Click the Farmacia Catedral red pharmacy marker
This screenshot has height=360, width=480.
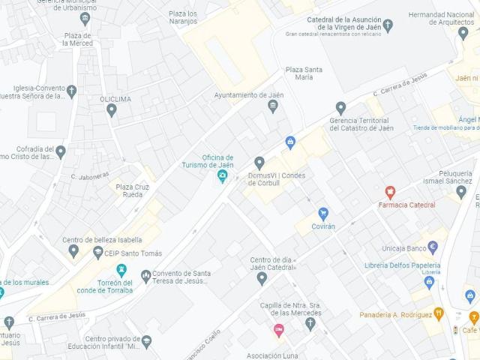tap(390, 192)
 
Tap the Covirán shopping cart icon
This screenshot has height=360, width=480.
tap(323, 213)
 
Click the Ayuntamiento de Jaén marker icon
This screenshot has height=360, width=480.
tap(272, 107)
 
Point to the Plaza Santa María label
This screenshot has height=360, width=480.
tap(304, 74)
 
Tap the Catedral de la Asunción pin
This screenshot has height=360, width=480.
tap(387, 25)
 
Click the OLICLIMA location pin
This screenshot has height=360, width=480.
tap(112, 110)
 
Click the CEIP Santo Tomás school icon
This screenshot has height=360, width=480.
tap(97, 253)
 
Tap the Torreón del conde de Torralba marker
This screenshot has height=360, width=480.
tap(121, 270)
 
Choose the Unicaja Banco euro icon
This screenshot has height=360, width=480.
tap(433, 247)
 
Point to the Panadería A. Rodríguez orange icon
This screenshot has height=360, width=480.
tap(439, 314)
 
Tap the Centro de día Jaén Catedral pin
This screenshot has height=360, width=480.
tap(262, 278)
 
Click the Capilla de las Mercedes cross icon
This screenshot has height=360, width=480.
tap(310, 322)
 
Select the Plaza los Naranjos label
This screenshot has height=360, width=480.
tap(183, 18)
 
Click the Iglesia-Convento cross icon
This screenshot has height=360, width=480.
tap(71, 92)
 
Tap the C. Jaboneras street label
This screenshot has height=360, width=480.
tap(85, 176)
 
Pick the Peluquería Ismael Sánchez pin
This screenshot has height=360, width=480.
tap(461, 191)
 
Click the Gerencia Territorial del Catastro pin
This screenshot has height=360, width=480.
tap(340, 108)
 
